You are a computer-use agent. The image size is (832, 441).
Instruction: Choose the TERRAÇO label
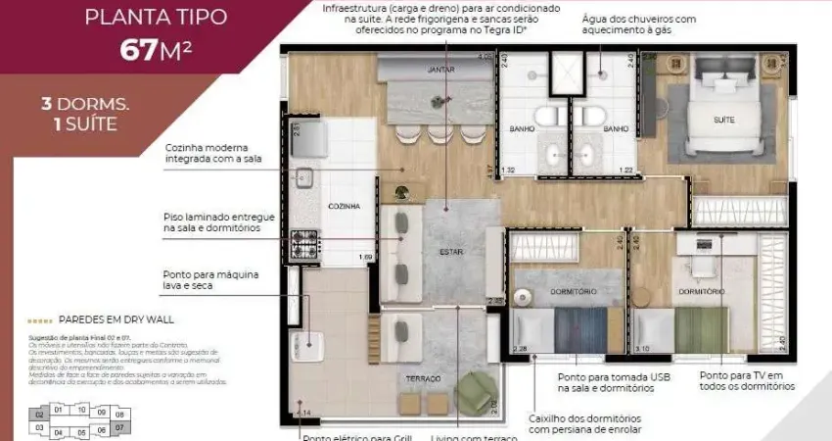pos(423,378)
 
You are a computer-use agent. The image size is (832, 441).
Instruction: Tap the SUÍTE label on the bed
pos(724,120)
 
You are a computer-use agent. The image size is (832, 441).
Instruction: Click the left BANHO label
pos(520,128)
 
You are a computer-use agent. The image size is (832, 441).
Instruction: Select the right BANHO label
pos(615,128)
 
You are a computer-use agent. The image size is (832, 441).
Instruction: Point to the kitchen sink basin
pos(304,177)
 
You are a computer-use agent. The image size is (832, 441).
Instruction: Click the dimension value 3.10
pos(642,348)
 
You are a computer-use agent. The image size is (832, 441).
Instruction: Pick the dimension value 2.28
pos(520,348)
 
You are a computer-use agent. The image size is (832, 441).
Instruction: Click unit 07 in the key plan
pos(119,428)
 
